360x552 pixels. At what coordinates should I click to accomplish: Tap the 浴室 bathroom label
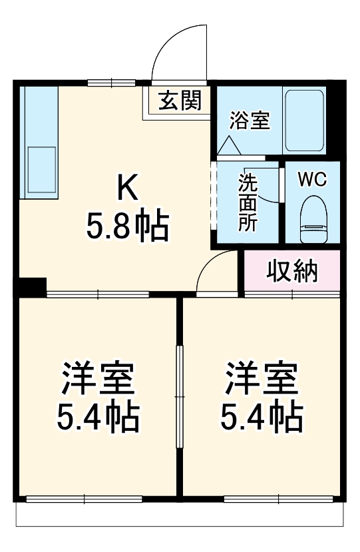click(250, 121)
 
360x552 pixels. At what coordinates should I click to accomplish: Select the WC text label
click(311, 179)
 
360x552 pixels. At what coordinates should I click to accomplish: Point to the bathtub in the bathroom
click(304, 121)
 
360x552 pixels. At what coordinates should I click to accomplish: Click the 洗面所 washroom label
click(247, 202)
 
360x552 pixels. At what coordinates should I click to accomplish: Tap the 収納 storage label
click(292, 272)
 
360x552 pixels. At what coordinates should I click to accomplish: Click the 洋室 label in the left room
click(98, 380)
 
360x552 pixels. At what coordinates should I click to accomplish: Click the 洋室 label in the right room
click(261, 380)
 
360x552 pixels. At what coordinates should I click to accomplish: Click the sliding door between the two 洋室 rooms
click(179, 396)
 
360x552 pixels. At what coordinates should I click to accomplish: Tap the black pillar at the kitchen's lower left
click(31, 286)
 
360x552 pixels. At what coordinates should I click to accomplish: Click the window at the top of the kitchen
click(111, 83)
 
